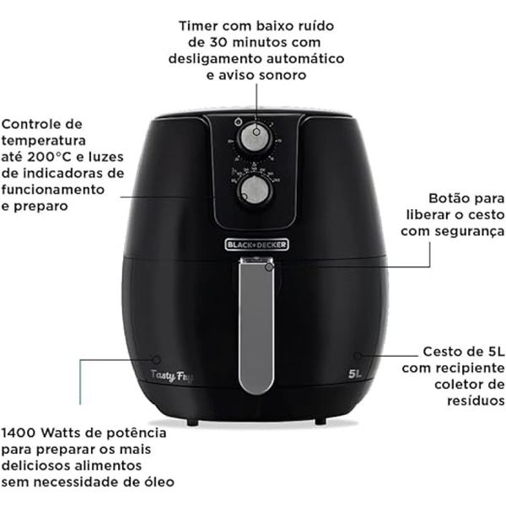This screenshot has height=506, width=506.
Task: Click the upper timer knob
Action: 250,137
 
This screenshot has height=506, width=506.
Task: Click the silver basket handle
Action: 255,329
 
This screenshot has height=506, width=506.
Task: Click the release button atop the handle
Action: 268,266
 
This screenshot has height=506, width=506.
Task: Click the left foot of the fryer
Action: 193,419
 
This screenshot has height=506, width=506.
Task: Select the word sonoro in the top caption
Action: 283,74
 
